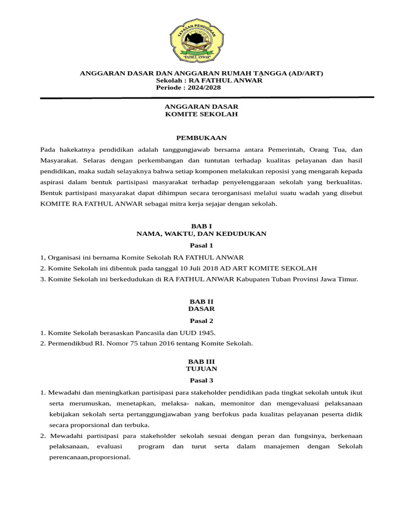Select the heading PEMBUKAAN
(x=201, y=138)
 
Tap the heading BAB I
(x=201, y=226)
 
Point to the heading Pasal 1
(x=201, y=245)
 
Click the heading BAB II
(x=201, y=302)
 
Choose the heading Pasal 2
(x=201, y=321)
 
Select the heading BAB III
(x=201, y=361)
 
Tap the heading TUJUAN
(x=201, y=369)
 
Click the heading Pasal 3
(x=201, y=380)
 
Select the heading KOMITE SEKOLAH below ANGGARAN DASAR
(x=201, y=114)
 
